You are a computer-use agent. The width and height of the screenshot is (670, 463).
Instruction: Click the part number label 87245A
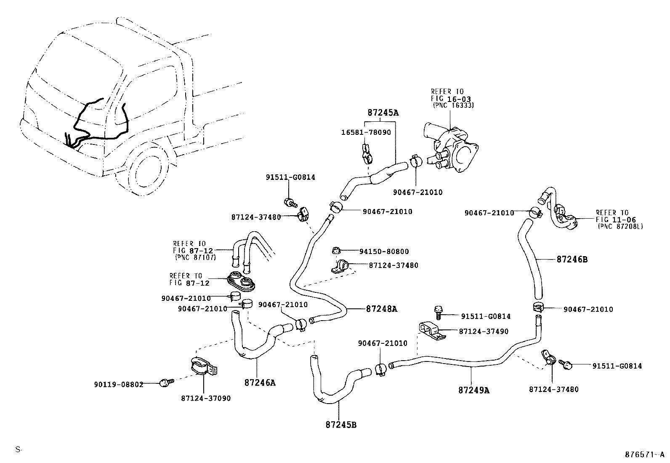tap(383, 112)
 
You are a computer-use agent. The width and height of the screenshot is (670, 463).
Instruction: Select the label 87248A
tap(381, 309)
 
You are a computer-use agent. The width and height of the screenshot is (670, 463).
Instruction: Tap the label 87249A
tap(474, 390)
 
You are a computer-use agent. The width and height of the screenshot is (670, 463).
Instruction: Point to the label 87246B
tap(572, 260)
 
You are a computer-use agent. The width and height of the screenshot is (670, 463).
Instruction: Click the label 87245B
tap(341, 424)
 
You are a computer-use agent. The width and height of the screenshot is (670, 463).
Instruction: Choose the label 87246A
tap(260, 383)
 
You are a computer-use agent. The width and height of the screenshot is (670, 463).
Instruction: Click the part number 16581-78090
tap(366, 132)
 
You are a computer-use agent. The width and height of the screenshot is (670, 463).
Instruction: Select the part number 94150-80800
tap(384, 252)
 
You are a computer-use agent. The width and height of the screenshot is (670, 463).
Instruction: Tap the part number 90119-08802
tap(119, 384)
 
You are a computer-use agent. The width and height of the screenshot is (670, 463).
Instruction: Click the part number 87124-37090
tap(206, 398)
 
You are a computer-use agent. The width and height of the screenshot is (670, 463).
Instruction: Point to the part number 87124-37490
tap(484, 332)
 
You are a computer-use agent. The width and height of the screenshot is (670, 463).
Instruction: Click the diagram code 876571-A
tap(643, 455)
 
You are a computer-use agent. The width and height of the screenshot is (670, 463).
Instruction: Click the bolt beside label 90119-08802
tap(165, 383)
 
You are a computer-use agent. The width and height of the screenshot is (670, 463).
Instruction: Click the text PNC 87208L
tap(620, 226)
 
